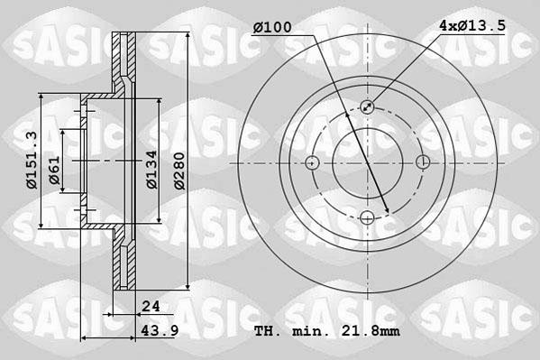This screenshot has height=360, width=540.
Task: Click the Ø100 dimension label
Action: [273, 28]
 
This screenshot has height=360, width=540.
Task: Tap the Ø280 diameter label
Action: [179, 169]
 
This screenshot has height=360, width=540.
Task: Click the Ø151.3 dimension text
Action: [31, 159]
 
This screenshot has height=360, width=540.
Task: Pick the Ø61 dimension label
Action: [55, 169]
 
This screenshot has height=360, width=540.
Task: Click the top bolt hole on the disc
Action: [368, 107]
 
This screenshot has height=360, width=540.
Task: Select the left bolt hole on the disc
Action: [313, 162]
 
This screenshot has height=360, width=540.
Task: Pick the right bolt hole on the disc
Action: [423, 162]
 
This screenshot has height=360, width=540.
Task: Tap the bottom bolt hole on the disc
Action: [368, 217]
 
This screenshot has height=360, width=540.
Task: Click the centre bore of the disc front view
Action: [368, 162]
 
